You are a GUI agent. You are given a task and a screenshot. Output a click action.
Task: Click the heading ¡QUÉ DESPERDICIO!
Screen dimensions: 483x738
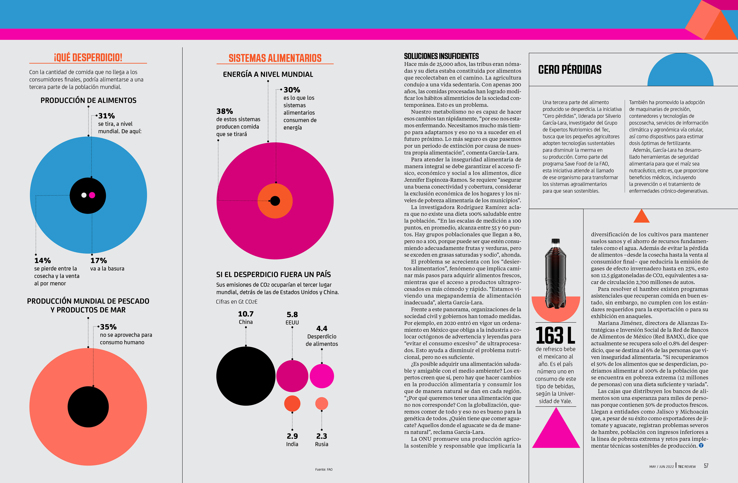pos(88,57)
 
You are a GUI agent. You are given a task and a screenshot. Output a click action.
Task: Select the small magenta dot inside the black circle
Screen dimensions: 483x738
pos(92,195)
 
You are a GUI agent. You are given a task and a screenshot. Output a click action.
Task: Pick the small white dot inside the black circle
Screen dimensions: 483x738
pos(84,195)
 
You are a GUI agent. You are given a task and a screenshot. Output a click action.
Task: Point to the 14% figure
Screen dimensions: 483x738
pos(42,261)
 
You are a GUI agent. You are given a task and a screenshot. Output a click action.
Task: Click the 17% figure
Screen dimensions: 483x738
pos(99,261)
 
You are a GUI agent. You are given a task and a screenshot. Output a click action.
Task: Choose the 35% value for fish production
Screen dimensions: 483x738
pos(108,327)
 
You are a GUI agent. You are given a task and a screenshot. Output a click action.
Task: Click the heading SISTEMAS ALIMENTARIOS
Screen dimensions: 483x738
pos(275,58)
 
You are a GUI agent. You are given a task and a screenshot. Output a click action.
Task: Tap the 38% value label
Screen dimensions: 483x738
pos(224,111)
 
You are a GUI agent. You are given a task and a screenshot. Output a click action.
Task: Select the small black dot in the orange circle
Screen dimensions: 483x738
pos(275,201)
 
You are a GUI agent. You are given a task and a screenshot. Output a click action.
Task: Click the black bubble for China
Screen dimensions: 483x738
pos(246,376)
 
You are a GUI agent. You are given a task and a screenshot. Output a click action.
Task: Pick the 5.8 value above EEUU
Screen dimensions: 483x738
pos(292,315)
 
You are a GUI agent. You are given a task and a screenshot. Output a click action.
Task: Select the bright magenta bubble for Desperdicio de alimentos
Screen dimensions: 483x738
pos(322,376)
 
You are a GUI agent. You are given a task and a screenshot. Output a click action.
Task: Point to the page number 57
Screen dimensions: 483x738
pos(706,466)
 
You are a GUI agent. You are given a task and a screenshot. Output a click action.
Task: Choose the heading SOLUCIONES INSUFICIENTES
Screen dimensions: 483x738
pos(441,56)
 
